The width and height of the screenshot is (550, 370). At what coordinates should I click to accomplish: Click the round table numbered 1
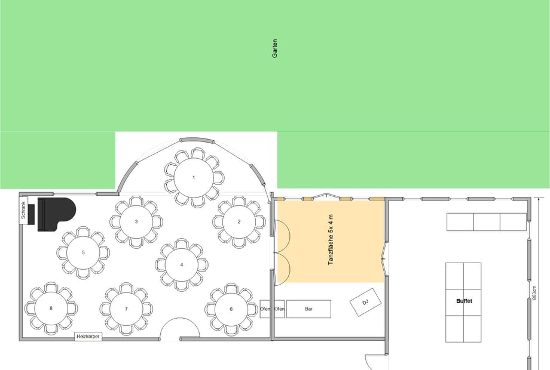pos(194,177)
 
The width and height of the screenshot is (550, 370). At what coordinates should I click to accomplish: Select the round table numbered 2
pos(239,221)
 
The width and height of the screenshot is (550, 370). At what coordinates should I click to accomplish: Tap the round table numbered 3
pos(136,221)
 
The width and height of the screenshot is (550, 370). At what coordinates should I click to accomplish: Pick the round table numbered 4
pos(182,265)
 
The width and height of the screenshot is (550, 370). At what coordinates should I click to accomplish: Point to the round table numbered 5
pos(83,252)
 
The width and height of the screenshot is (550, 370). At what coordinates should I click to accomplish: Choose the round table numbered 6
pos(231,309)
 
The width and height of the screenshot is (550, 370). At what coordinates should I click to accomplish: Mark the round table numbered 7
pos(126,309)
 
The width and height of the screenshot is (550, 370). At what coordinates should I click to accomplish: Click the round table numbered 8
pos(51,309)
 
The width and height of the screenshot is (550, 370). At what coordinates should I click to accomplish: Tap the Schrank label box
pos(23,210)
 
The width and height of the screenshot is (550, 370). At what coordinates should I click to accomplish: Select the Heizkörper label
pos(88,337)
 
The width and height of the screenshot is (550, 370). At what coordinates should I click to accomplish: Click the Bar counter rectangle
pos(308,309)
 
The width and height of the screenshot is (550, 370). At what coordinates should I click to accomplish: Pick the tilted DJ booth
pos(365,302)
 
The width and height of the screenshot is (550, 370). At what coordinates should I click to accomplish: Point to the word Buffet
pos(464,301)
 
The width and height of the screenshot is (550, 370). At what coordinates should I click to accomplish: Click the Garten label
pos(274,48)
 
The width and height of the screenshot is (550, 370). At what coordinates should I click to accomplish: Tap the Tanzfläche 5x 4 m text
pos(331,239)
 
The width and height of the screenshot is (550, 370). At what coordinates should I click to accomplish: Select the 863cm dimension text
pos(534,292)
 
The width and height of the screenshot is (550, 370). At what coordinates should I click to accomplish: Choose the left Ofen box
pos(265,309)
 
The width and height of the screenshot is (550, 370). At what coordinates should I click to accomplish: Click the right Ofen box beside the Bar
pos(279,309)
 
